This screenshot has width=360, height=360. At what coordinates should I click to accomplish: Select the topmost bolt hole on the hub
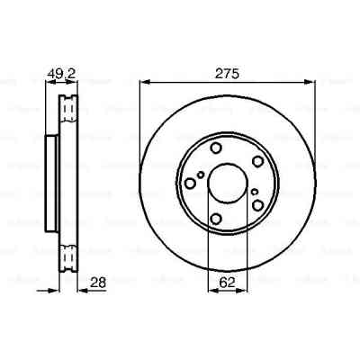coord(218,148)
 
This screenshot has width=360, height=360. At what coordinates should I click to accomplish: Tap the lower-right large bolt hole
coord(257,206)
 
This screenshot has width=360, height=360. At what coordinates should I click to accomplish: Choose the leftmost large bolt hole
coord(190,184)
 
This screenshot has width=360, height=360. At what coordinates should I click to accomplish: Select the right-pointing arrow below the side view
coord(56,287)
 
